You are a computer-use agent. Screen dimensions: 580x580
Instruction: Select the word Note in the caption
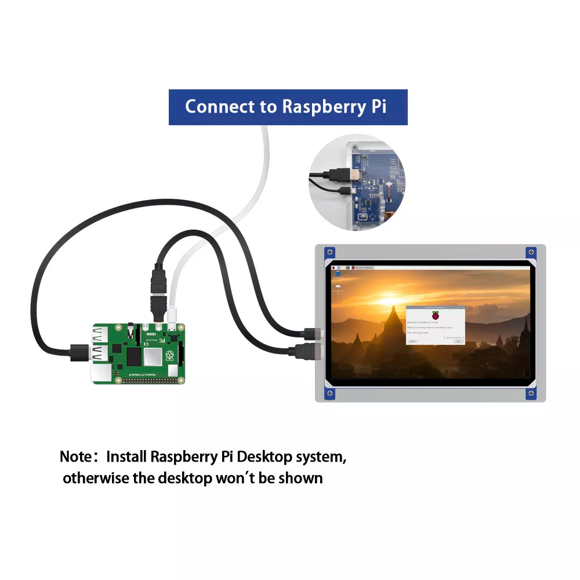click(75, 456)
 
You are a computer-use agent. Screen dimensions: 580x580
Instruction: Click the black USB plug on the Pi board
click(79, 351)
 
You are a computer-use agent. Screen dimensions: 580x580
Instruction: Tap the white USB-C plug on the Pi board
click(173, 314)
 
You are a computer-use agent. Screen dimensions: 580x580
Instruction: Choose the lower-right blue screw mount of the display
click(531, 393)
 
